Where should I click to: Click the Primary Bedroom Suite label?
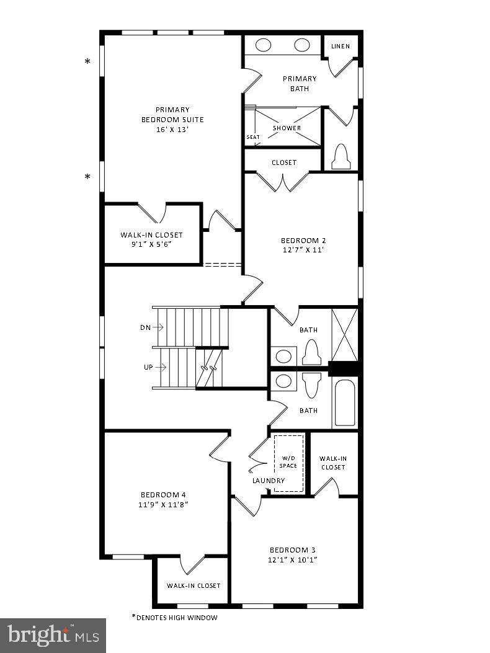click(x=172, y=115)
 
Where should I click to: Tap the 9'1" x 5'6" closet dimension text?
click(x=151, y=244)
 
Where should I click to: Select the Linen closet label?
click(x=341, y=47)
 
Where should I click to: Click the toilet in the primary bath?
click(x=341, y=157)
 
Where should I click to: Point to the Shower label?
click(x=287, y=128)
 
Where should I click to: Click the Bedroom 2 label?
click(x=303, y=241)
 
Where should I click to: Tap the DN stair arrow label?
click(x=146, y=327)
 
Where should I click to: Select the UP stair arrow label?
click(x=148, y=367)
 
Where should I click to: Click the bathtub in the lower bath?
click(x=344, y=403)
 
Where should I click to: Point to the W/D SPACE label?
click(x=288, y=462)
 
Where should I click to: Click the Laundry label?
click(x=269, y=481)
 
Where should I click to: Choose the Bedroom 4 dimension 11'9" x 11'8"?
click(x=164, y=505)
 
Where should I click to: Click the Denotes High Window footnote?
click(x=174, y=618)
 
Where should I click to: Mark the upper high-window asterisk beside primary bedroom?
click(x=87, y=61)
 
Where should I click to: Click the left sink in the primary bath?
click(x=264, y=45)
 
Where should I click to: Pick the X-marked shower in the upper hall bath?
click(x=345, y=335)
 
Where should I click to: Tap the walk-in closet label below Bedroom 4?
click(x=194, y=585)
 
